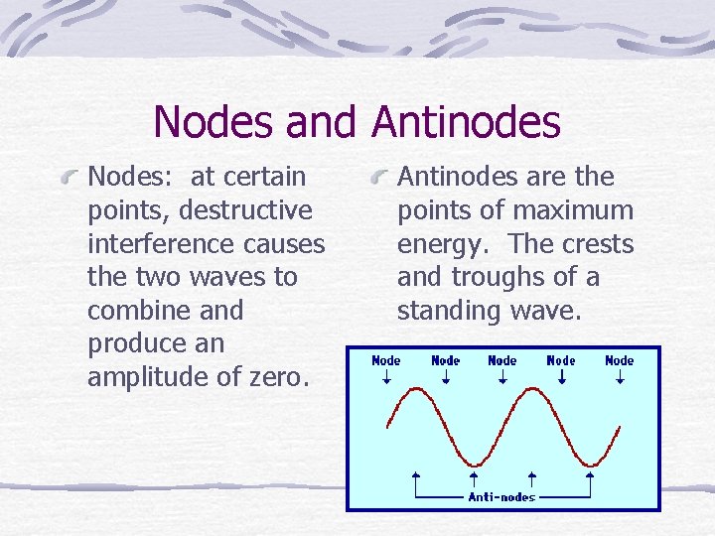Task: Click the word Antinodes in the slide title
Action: pyautogui.click(x=466, y=122)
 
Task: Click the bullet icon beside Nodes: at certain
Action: pyautogui.click(x=70, y=179)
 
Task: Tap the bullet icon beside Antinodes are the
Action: pyautogui.click(x=379, y=179)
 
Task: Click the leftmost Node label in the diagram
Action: pyautogui.click(x=386, y=360)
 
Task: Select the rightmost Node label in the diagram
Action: pyautogui.click(x=620, y=360)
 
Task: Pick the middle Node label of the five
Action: pyautogui.click(x=502, y=360)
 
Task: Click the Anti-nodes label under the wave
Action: pyautogui.click(x=501, y=496)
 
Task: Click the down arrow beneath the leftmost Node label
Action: pyautogui.click(x=386, y=377)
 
